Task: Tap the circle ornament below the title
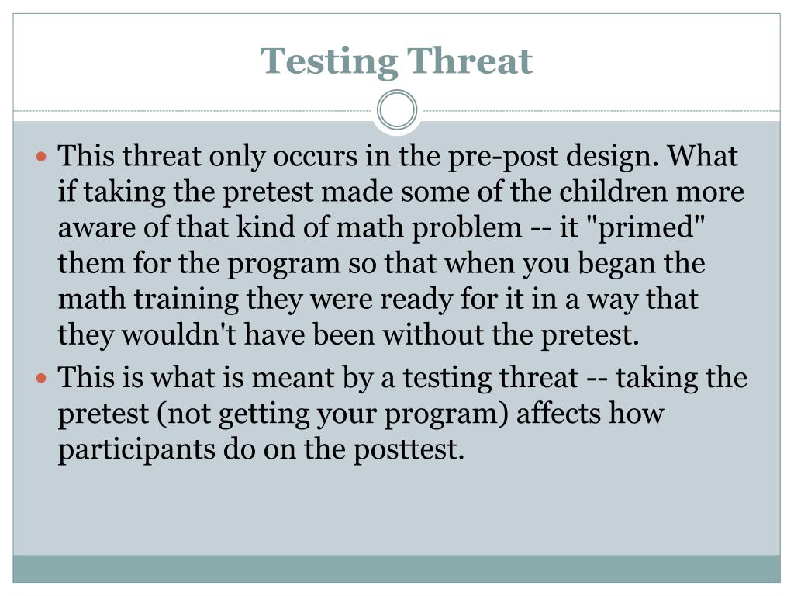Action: [397, 110]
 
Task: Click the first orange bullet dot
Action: [43, 157]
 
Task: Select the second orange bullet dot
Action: [43, 379]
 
